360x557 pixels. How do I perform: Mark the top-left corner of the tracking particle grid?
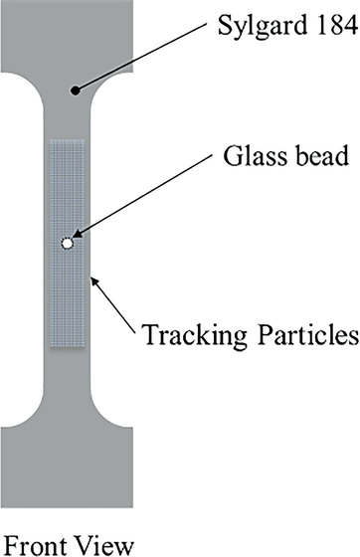(x=50, y=140)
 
